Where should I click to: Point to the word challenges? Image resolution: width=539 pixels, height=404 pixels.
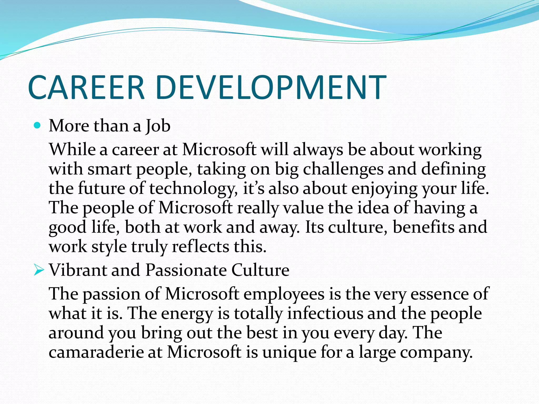(343, 169)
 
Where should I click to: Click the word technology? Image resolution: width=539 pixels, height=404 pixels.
(193, 189)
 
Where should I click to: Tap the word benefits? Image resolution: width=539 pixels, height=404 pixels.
(423, 227)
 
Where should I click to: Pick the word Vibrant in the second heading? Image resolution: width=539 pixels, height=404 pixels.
(78, 270)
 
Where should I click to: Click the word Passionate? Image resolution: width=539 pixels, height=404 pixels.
(186, 270)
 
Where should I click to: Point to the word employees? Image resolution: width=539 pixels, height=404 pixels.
(284, 294)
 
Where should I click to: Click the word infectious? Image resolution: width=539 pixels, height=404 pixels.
(325, 314)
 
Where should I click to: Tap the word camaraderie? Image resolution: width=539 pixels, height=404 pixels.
(96, 352)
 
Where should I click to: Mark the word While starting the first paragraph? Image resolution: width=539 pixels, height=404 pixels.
(72, 149)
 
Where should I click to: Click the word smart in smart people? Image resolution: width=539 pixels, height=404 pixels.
(109, 169)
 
